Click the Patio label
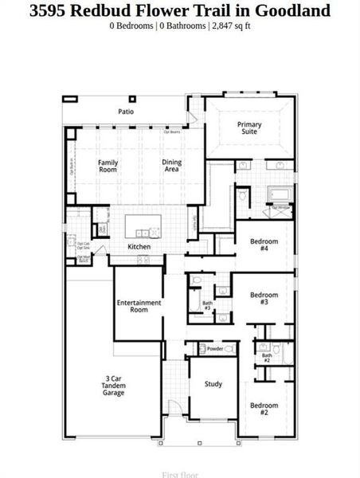tap(126, 112)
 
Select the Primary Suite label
tap(248, 127)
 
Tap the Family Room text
tap(108, 166)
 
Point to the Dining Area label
tap(171, 166)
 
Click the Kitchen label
tap(139, 247)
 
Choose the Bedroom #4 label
tap(264, 245)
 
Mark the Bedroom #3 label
tap(264, 299)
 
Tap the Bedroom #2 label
tap(264, 409)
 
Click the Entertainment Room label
tap(139, 306)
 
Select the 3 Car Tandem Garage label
tap(113, 385)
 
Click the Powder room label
tap(214, 349)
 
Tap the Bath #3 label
tap(207, 305)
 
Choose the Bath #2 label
tap(266, 358)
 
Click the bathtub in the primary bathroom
tap(280, 194)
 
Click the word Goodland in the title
tap(292, 10)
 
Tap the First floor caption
tap(180, 474)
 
